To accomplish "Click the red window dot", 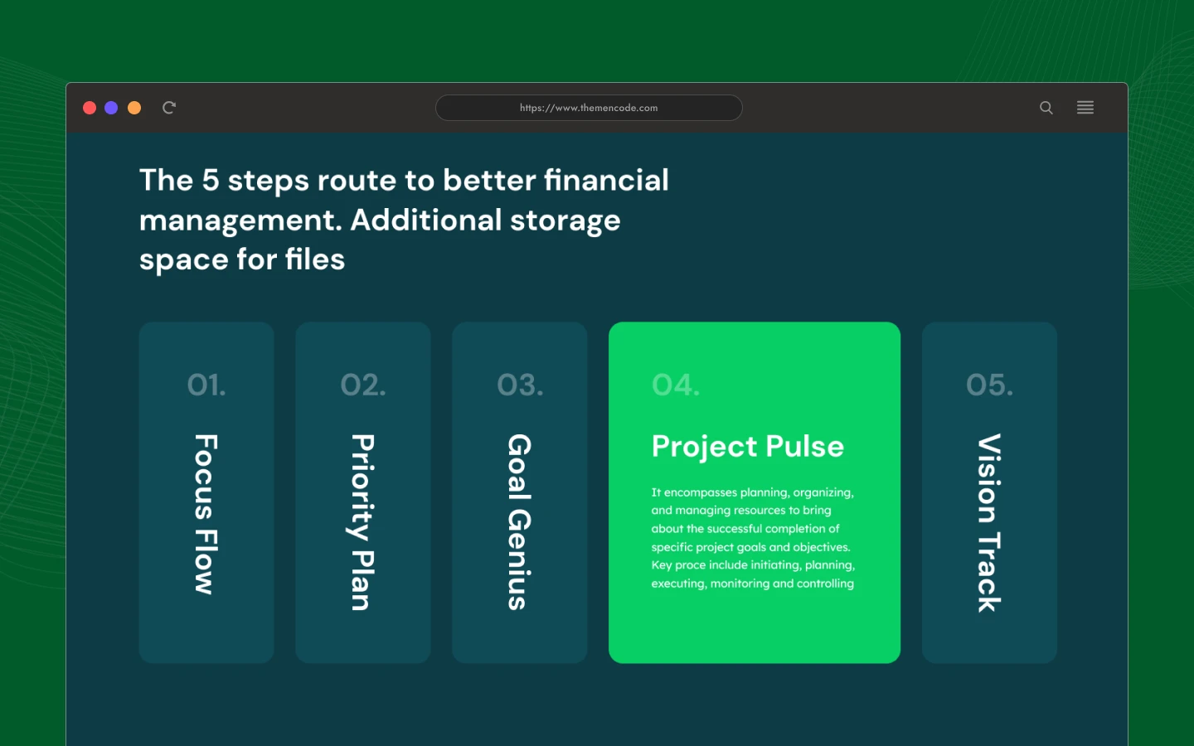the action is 90,108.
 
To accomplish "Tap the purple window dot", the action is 111,108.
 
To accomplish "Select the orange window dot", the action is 134,108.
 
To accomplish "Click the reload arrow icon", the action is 169,108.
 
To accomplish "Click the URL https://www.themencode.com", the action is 589,108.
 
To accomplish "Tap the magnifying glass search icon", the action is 1046,108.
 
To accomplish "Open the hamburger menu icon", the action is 1085,107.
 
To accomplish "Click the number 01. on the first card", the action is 206,385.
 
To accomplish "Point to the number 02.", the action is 363,385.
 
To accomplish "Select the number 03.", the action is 520,385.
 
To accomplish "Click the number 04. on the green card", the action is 675,385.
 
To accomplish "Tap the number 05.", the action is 989,385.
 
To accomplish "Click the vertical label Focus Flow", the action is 206,514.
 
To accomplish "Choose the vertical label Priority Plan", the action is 362,522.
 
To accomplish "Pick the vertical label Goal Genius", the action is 519,522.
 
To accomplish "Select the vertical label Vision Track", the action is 989,523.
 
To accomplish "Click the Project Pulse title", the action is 748,447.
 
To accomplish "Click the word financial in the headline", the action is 606,180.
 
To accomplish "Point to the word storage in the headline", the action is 565,220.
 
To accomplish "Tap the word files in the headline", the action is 314,259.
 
